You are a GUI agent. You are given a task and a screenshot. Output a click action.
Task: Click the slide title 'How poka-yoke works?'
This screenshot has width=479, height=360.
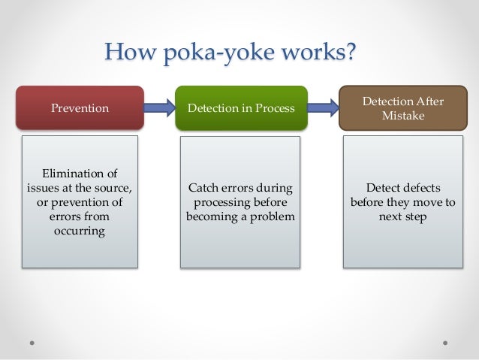click(x=230, y=53)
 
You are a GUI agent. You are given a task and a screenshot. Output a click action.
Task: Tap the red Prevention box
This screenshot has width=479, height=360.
click(x=80, y=108)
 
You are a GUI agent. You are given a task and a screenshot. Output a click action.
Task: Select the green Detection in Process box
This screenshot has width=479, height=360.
click(x=241, y=108)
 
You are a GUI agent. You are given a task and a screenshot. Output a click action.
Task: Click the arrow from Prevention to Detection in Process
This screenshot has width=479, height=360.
click(x=160, y=108)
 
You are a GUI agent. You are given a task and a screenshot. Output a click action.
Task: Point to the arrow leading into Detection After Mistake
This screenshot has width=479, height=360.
click(x=322, y=108)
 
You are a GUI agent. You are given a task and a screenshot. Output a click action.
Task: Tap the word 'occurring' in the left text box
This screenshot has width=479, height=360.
click(x=80, y=231)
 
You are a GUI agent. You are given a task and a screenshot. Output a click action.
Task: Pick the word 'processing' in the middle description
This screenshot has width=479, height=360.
click(x=221, y=202)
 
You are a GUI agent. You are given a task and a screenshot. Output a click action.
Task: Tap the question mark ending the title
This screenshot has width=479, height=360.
click(x=349, y=53)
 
